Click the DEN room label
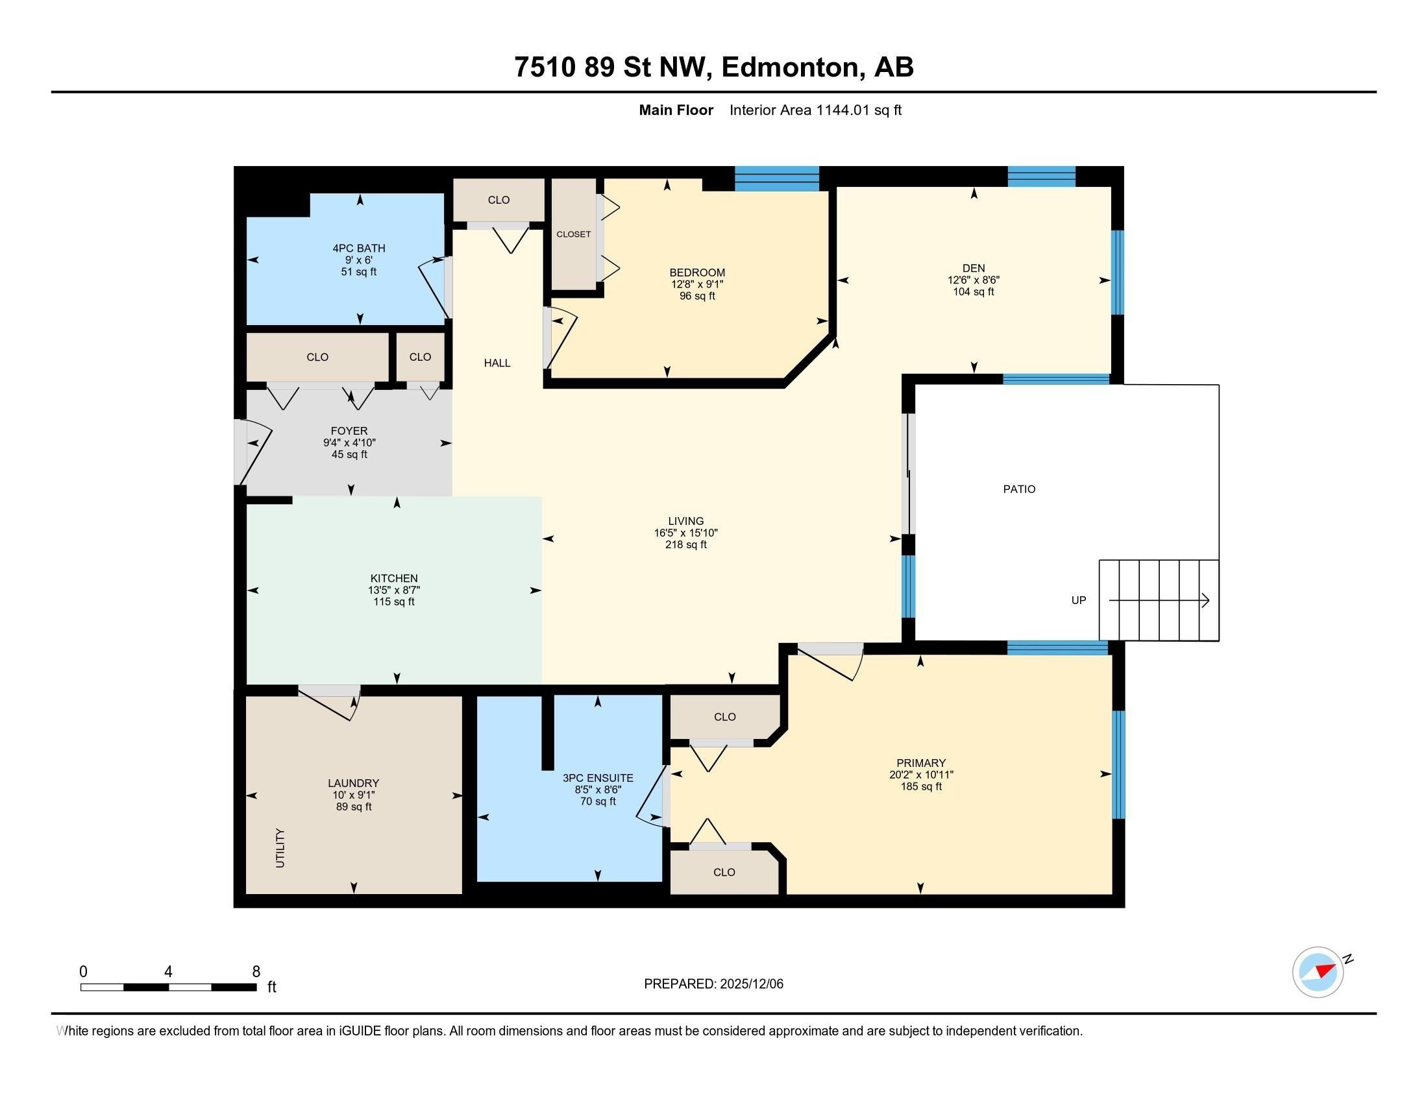(x=973, y=268)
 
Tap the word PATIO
(x=1019, y=489)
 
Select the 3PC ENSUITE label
(x=598, y=778)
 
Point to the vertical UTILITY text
(x=280, y=848)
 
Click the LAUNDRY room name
(x=353, y=783)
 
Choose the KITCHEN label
(x=393, y=578)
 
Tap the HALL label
(x=497, y=363)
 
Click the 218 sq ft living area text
(x=686, y=544)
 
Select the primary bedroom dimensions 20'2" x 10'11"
(x=920, y=774)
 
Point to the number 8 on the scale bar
(x=256, y=972)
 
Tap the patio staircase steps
(x=1159, y=600)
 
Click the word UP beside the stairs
(x=1078, y=600)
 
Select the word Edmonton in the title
(x=791, y=67)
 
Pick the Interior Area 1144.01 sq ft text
(x=815, y=110)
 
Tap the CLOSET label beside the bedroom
(x=573, y=234)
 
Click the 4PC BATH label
(x=359, y=248)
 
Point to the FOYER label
(x=349, y=431)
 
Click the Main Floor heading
(x=676, y=110)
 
